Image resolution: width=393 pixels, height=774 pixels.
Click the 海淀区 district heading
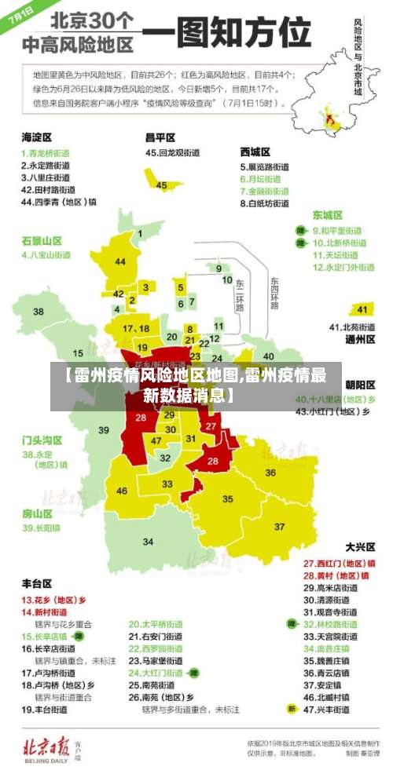pyautogui.click(x=37, y=137)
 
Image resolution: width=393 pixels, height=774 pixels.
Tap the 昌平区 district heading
pyautogui.click(x=160, y=137)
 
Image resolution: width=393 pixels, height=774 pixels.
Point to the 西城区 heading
pyautogui.click(x=255, y=152)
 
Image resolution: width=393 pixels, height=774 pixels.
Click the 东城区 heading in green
pyautogui.click(x=328, y=214)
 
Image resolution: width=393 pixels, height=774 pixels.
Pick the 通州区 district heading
pyautogui.click(x=361, y=340)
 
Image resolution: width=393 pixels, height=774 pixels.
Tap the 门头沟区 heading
pyautogui.click(x=42, y=440)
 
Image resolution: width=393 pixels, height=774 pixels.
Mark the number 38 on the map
pyautogui.click(x=39, y=312)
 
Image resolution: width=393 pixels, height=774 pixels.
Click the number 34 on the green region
pyautogui.click(x=148, y=542)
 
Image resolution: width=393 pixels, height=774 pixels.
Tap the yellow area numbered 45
pyautogui.click(x=162, y=185)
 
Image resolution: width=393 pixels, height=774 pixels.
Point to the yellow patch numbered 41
pyautogui.click(x=362, y=309)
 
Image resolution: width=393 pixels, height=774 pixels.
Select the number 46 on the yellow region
pyautogui.click(x=122, y=491)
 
